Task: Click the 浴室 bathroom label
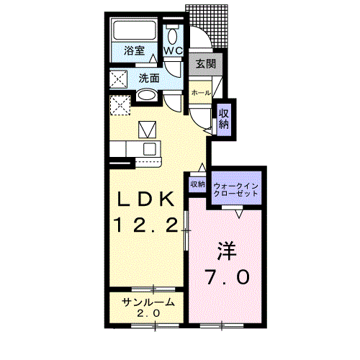[x=134, y=50]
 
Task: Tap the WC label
[x=174, y=50]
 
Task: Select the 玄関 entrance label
[x=206, y=64]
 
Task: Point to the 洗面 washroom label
[x=149, y=78]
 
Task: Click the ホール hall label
[x=201, y=93]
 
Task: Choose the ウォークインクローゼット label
[x=236, y=189]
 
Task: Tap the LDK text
[x=145, y=199]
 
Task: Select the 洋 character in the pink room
[x=227, y=251]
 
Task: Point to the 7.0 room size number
[x=228, y=276]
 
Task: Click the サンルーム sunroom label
[x=148, y=302]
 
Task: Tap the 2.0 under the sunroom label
[x=148, y=313]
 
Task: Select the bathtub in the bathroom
[x=135, y=30]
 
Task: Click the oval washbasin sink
[x=147, y=95]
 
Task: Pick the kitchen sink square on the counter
[x=150, y=149]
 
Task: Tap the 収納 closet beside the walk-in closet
[x=197, y=184]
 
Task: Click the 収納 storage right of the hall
[x=224, y=120]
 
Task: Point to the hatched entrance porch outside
[x=210, y=23]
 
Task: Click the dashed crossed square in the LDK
[x=120, y=105]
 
